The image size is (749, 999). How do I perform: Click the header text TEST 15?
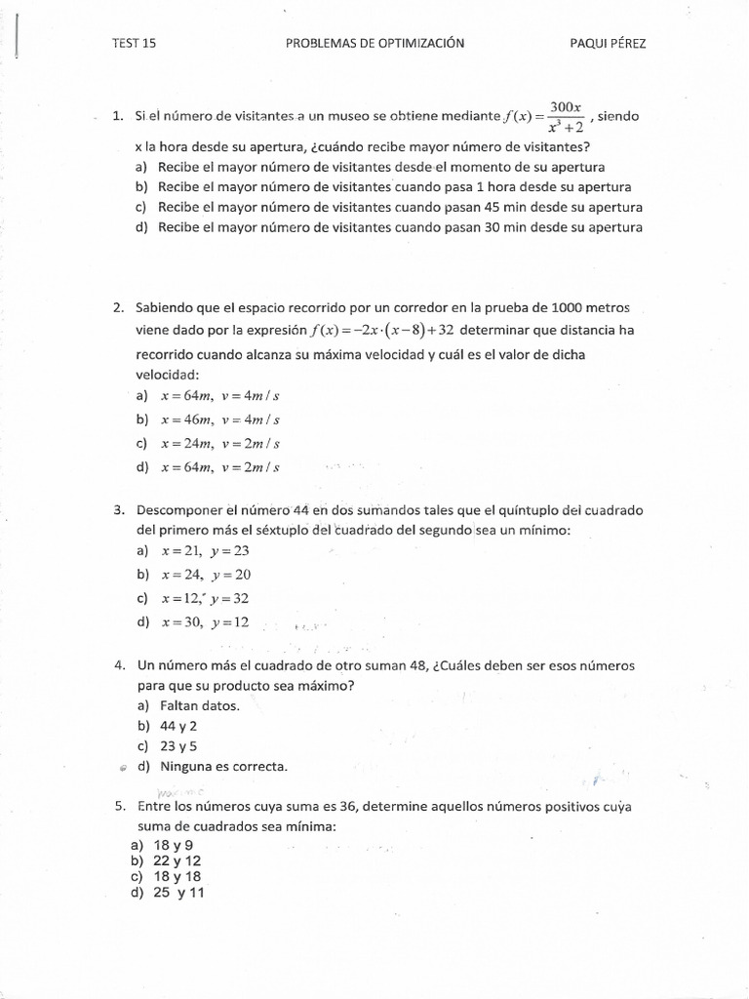click(135, 43)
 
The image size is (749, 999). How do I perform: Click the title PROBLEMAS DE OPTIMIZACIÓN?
click(374, 43)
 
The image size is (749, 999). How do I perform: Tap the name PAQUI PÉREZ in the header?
click(608, 43)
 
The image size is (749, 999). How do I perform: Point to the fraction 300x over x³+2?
click(565, 116)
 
